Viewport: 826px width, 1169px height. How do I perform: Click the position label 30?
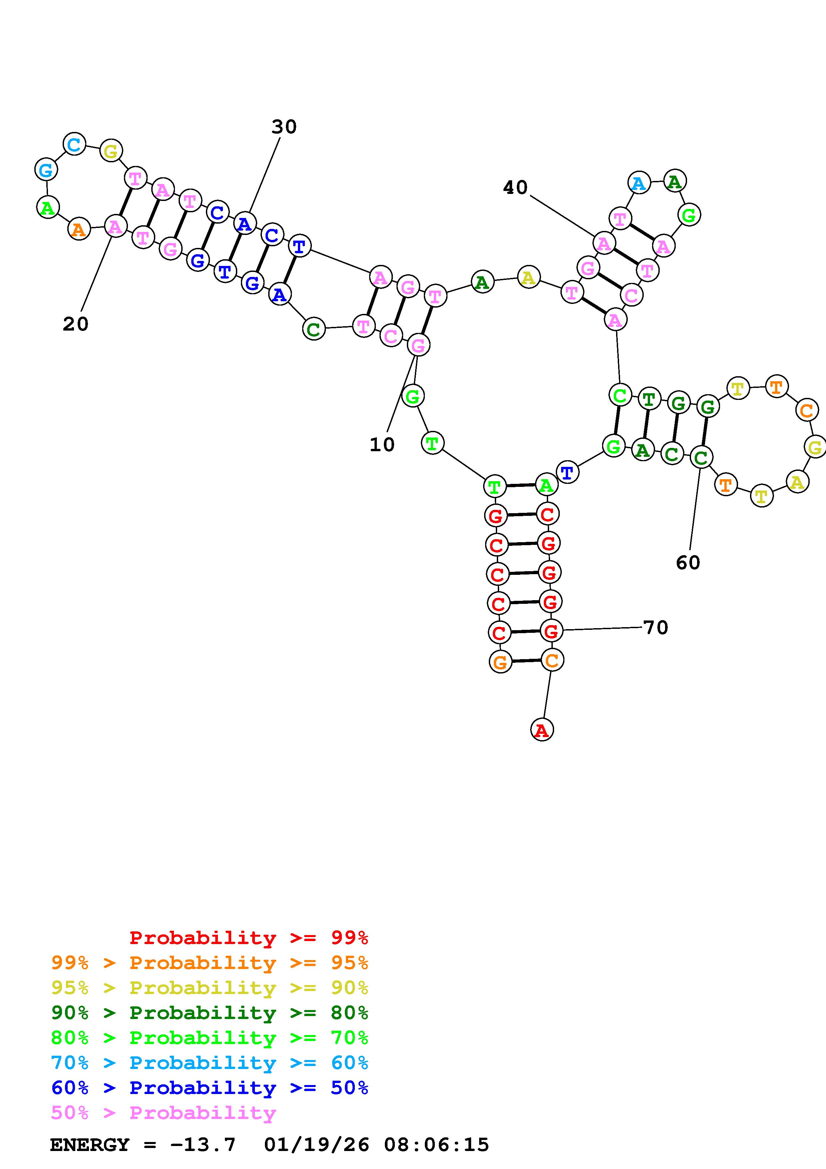click(x=284, y=127)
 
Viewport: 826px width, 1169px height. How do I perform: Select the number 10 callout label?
click(x=382, y=445)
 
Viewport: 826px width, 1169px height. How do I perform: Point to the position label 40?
click(x=515, y=188)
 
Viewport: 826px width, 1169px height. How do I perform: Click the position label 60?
click(x=688, y=563)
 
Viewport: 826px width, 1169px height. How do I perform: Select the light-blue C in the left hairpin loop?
click(x=74, y=145)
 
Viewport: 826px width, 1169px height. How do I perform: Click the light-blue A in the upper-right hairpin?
click(x=639, y=183)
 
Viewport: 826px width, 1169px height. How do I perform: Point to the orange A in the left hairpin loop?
click(x=78, y=229)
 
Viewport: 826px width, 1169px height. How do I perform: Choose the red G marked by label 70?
click(x=551, y=631)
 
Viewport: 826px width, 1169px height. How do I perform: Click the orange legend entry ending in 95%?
click(x=210, y=963)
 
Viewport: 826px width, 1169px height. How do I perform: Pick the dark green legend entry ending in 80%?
click(x=210, y=1013)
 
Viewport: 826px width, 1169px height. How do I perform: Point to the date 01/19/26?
click(x=317, y=1145)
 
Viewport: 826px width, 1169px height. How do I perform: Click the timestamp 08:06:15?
click(x=436, y=1145)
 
